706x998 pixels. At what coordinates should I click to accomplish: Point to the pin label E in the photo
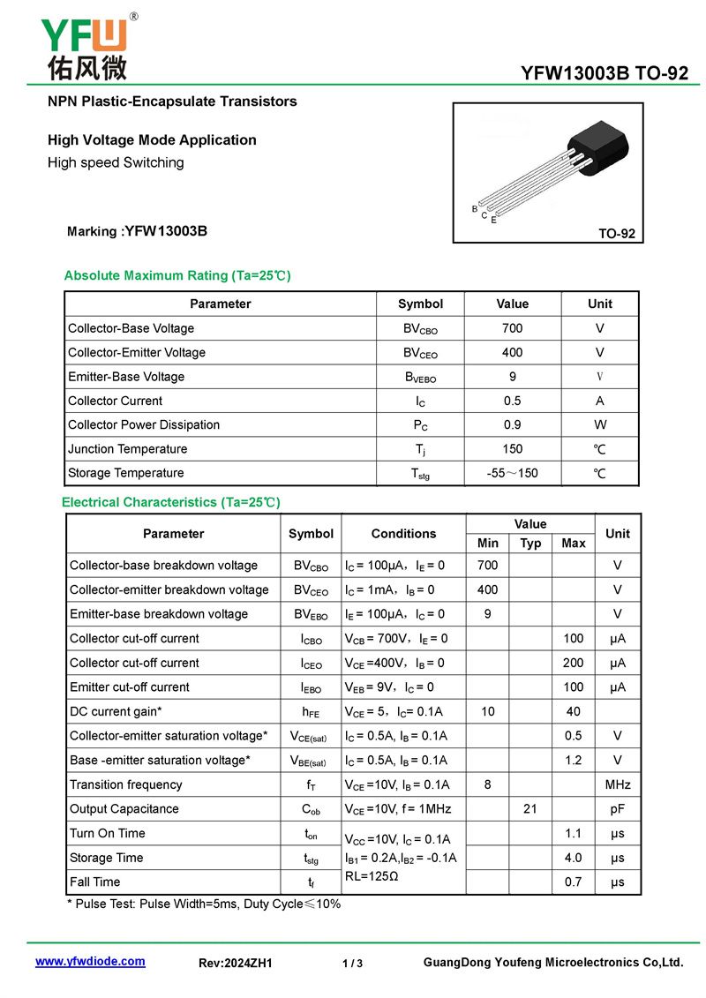point(493,220)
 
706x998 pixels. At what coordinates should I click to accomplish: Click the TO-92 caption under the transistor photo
point(616,234)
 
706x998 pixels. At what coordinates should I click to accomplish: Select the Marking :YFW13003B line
point(137,232)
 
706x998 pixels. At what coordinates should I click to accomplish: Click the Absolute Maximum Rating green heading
point(176,275)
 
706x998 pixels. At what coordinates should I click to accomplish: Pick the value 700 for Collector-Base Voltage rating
point(512,328)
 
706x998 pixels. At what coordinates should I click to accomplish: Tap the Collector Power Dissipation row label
point(144,424)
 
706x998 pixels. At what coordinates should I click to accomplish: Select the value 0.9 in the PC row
point(512,424)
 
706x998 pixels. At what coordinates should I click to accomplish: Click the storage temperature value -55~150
point(512,473)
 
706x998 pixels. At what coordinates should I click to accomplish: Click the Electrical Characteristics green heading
point(170,502)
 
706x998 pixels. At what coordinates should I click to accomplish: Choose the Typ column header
point(530,544)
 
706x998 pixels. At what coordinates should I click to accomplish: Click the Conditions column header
point(403,534)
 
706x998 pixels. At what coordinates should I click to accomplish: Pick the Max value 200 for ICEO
point(574,663)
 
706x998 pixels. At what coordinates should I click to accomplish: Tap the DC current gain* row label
point(116,711)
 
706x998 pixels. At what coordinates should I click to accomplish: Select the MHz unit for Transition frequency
point(617,784)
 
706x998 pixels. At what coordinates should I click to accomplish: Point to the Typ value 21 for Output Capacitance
point(530,809)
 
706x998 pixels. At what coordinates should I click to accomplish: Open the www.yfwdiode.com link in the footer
point(90,962)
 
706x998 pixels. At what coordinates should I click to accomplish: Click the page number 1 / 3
point(352,964)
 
